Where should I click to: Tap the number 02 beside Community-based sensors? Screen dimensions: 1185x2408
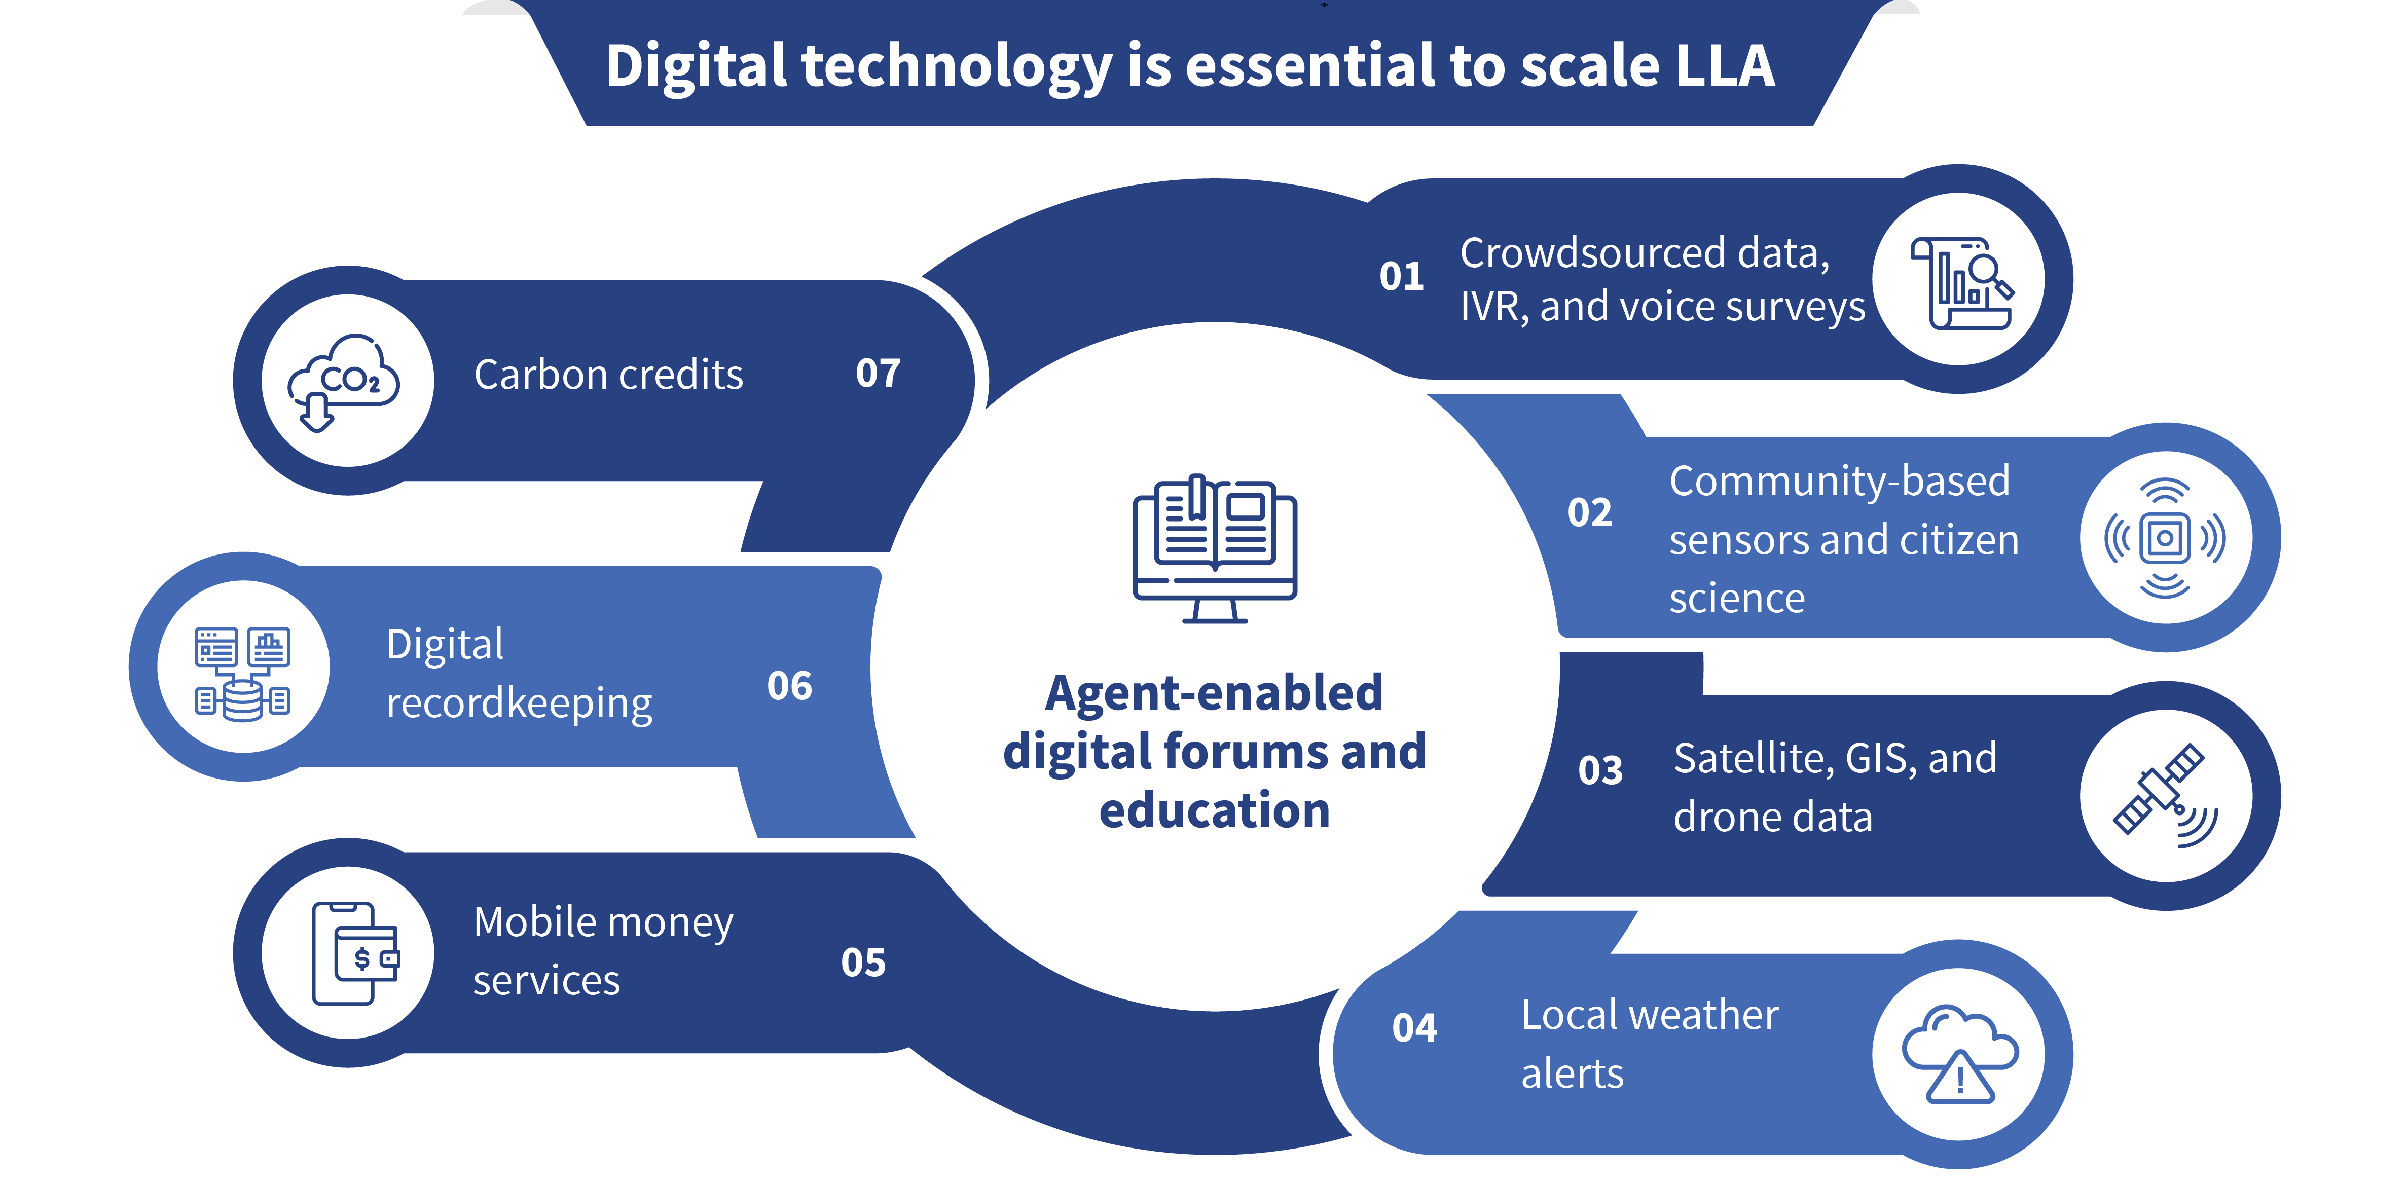[x=1589, y=513]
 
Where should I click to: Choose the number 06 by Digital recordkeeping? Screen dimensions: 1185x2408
[x=789, y=686]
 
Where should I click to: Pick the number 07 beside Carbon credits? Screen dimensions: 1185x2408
[x=877, y=374]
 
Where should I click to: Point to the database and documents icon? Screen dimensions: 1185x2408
[x=242, y=673]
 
